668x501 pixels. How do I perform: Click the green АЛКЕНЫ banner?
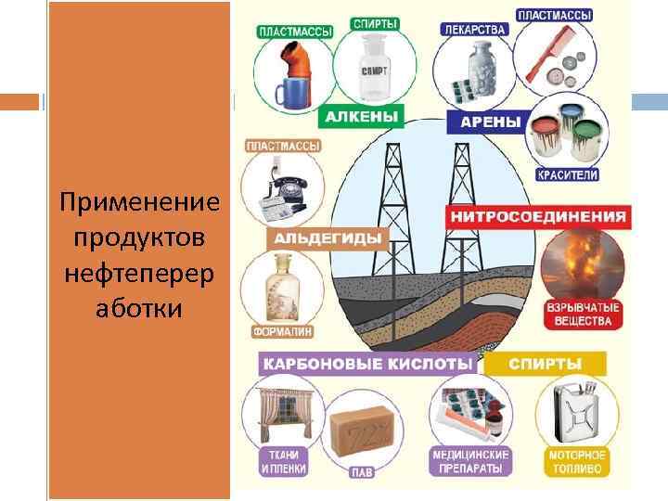pyautogui.click(x=362, y=118)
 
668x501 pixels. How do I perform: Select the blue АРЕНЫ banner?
pyautogui.click(x=483, y=120)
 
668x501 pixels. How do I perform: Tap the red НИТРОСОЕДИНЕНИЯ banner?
pyautogui.click(x=538, y=217)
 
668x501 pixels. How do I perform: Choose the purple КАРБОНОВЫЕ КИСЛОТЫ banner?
pyautogui.click(x=367, y=364)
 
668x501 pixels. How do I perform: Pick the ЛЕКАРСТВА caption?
pyautogui.click(x=474, y=29)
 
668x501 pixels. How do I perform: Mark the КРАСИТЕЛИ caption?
pyautogui.click(x=567, y=174)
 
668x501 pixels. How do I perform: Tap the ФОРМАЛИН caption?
pyautogui.click(x=281, y=330)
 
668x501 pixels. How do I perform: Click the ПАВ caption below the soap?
pyautogui.click(x=362, y=472)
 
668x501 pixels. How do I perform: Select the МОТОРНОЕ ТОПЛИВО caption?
pyautogui.click(x=576, y=461)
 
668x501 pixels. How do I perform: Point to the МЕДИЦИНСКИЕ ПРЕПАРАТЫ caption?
pyautogui.click(x=470, y=461)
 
